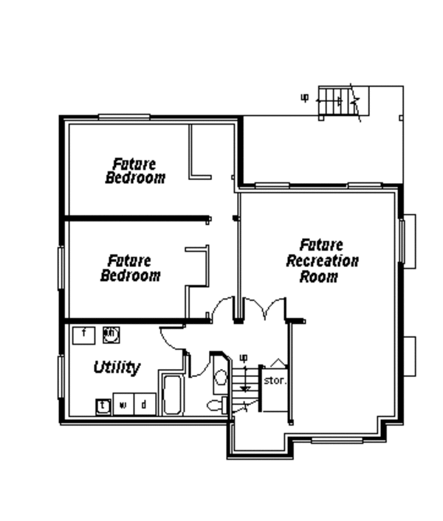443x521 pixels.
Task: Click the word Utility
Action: (117, 368)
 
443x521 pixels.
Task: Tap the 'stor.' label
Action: (275, 382)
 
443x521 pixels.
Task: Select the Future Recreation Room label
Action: (322, 260)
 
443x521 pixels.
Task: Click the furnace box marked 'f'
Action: (84, 334)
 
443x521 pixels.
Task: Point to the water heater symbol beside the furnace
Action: (111, 334)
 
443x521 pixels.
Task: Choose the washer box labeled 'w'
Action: (124, 404)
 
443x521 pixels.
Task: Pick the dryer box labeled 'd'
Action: (144, 404)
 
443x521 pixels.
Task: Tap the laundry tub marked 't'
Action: (103, 404)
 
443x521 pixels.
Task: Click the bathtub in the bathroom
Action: (171, 395)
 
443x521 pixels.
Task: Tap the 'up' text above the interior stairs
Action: (243, 358)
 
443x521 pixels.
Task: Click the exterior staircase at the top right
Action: (337, 101)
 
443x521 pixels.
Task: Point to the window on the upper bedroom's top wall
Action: (125, 116)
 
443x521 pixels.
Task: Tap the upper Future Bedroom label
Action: (135, 170)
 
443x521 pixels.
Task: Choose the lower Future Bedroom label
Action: (130, 268)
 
